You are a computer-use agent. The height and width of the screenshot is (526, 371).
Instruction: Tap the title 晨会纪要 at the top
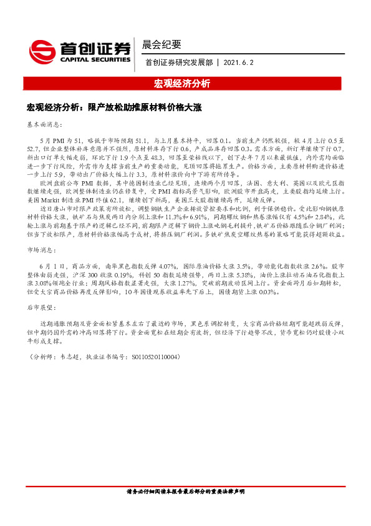click(x=162, y=44)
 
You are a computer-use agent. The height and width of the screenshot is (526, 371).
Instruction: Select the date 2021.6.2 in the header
click(x=240, y=62)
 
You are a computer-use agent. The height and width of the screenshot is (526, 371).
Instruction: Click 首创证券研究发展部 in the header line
click(x=180, y=62)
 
